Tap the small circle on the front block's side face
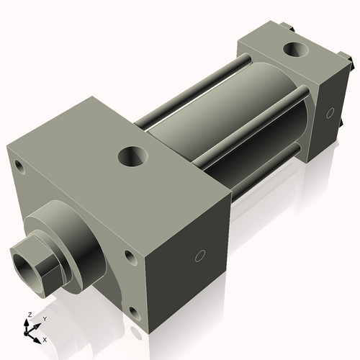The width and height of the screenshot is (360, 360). click(x=200, y=255)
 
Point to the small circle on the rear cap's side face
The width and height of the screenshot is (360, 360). click(x=330, y=112)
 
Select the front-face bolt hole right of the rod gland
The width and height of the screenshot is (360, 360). click(x=129, y=255)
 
